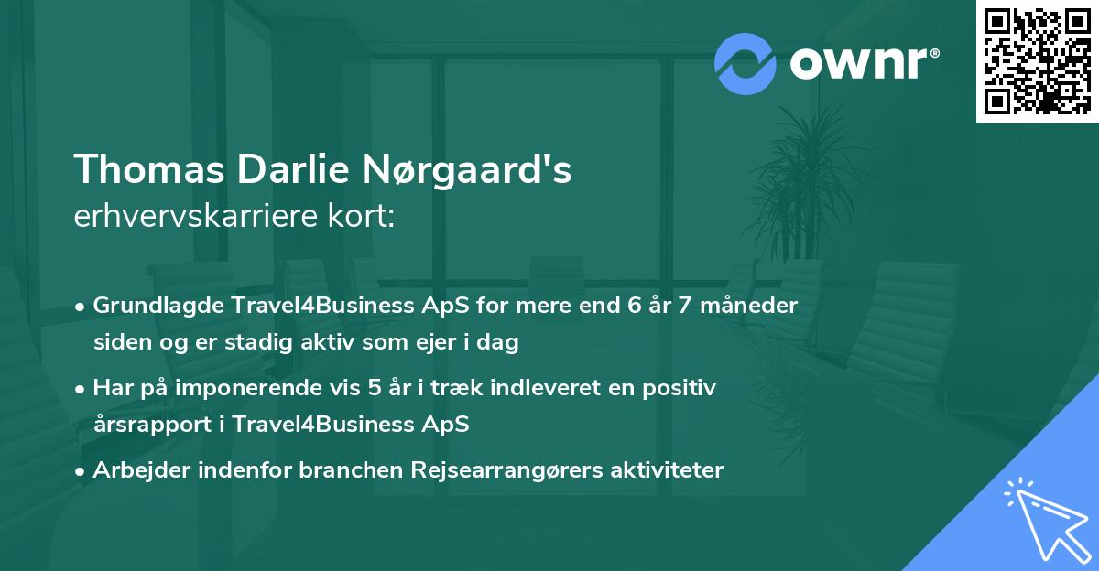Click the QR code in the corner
pos(1037,60)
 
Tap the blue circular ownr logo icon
pos(745,64)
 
